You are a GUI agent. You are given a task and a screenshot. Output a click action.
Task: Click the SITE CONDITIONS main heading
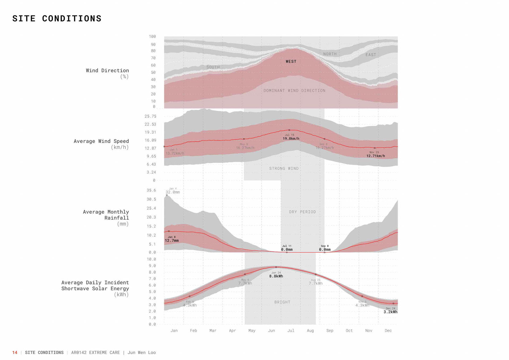(57, 19)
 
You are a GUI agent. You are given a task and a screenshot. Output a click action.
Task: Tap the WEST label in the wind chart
(291, 62)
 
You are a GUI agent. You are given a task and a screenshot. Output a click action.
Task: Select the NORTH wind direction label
(330, 54)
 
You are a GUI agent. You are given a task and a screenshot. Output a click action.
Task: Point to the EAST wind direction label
(371, 55)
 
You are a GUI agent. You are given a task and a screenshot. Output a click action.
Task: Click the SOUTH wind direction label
(213, 67)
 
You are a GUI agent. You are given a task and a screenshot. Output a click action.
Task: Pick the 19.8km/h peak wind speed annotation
(291, 139)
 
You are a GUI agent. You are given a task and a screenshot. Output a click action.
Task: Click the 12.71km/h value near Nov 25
(375, 156)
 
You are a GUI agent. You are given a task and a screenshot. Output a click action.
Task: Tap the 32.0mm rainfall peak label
(173, 192)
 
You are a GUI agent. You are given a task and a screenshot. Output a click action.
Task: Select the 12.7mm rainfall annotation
(172, 241)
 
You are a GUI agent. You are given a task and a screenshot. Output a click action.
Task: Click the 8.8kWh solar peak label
(276, 276)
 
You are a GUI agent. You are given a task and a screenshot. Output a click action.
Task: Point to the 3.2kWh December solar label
(390, 312)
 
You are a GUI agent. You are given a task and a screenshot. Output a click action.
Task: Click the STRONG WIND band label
(284, 169)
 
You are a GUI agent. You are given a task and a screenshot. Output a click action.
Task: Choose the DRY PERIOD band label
(302, 212)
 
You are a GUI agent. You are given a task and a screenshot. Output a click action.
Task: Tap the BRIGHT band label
(282, 302)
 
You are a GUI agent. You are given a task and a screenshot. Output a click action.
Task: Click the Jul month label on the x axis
(291, 331)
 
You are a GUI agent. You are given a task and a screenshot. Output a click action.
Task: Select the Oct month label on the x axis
(349, 331)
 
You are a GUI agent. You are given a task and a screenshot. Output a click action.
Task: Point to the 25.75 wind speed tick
(150, 116)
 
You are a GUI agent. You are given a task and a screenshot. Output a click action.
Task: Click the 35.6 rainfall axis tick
(151, 190)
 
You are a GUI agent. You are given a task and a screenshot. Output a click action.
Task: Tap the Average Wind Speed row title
(101, 141)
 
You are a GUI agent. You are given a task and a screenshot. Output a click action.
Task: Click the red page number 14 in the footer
(15, 353)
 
